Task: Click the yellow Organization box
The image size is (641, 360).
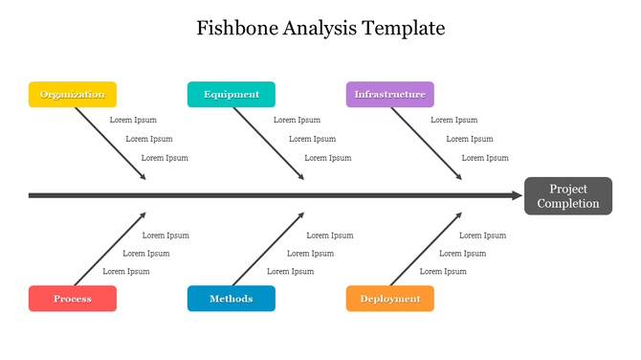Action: pos(73,94)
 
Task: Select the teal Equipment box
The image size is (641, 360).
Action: pos(231,94)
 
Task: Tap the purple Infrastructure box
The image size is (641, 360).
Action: pos(389,94)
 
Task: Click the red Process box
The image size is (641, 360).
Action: pos(73,299)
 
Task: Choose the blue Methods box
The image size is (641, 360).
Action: pos(231,299)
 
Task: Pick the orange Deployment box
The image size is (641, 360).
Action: pos(389,299)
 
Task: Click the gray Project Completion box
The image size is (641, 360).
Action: pos(567,195)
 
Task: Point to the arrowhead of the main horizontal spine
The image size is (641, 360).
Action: pos(517,195)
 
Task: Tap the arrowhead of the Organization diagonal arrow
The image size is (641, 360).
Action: pos(144,177)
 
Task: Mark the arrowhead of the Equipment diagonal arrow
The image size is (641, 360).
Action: pos(301,177)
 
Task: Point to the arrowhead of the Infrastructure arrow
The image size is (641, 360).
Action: pos(459,177)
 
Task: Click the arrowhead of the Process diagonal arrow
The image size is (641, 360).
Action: pos(144,214)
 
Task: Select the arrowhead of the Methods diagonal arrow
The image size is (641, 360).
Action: pos(301,214)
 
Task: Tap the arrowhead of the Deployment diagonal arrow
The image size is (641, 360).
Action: pos(459,214)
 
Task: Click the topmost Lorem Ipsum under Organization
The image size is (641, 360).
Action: pos(133,120)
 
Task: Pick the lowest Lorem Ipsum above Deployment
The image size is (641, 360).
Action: pos(443,271)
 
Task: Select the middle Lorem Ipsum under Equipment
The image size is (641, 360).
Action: pos(312,139)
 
